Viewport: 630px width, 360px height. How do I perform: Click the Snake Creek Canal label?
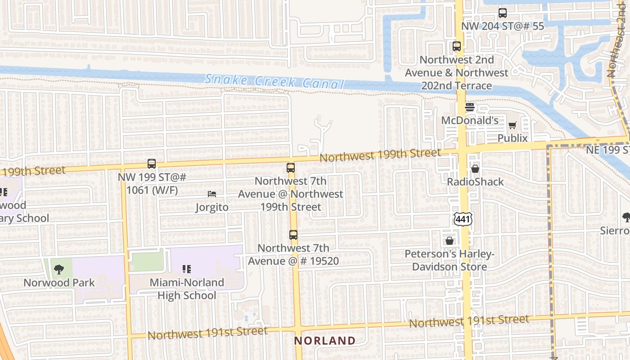(274, 81)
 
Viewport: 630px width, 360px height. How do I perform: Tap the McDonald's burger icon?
(470, 107)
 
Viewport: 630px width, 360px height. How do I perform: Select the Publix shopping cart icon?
(513, 125)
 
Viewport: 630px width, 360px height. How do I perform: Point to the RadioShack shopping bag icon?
(475, 169)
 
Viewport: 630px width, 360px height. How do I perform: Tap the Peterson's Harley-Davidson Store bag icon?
(449, 241)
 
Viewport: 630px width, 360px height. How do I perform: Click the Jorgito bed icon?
(212, 194)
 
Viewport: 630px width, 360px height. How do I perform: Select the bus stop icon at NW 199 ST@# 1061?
(152, 164)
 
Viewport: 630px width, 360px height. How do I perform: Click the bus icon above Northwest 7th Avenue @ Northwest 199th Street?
(291, 168)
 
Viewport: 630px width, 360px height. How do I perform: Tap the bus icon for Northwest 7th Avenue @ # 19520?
(293, 234)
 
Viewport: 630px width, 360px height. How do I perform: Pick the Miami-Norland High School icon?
(187, 269)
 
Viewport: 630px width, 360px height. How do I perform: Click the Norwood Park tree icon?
(59, 270)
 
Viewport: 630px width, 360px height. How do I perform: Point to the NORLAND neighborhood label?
(325, 341)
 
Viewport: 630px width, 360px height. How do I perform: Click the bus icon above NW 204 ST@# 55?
(503, 13)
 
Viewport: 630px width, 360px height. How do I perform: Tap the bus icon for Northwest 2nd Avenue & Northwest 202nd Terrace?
(457, 46)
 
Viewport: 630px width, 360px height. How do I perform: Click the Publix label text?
(513, 138)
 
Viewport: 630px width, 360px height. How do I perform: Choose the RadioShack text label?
(475, 182)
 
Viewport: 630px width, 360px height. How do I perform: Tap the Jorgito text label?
(212, 207)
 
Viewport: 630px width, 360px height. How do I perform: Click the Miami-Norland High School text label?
(187, 289)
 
